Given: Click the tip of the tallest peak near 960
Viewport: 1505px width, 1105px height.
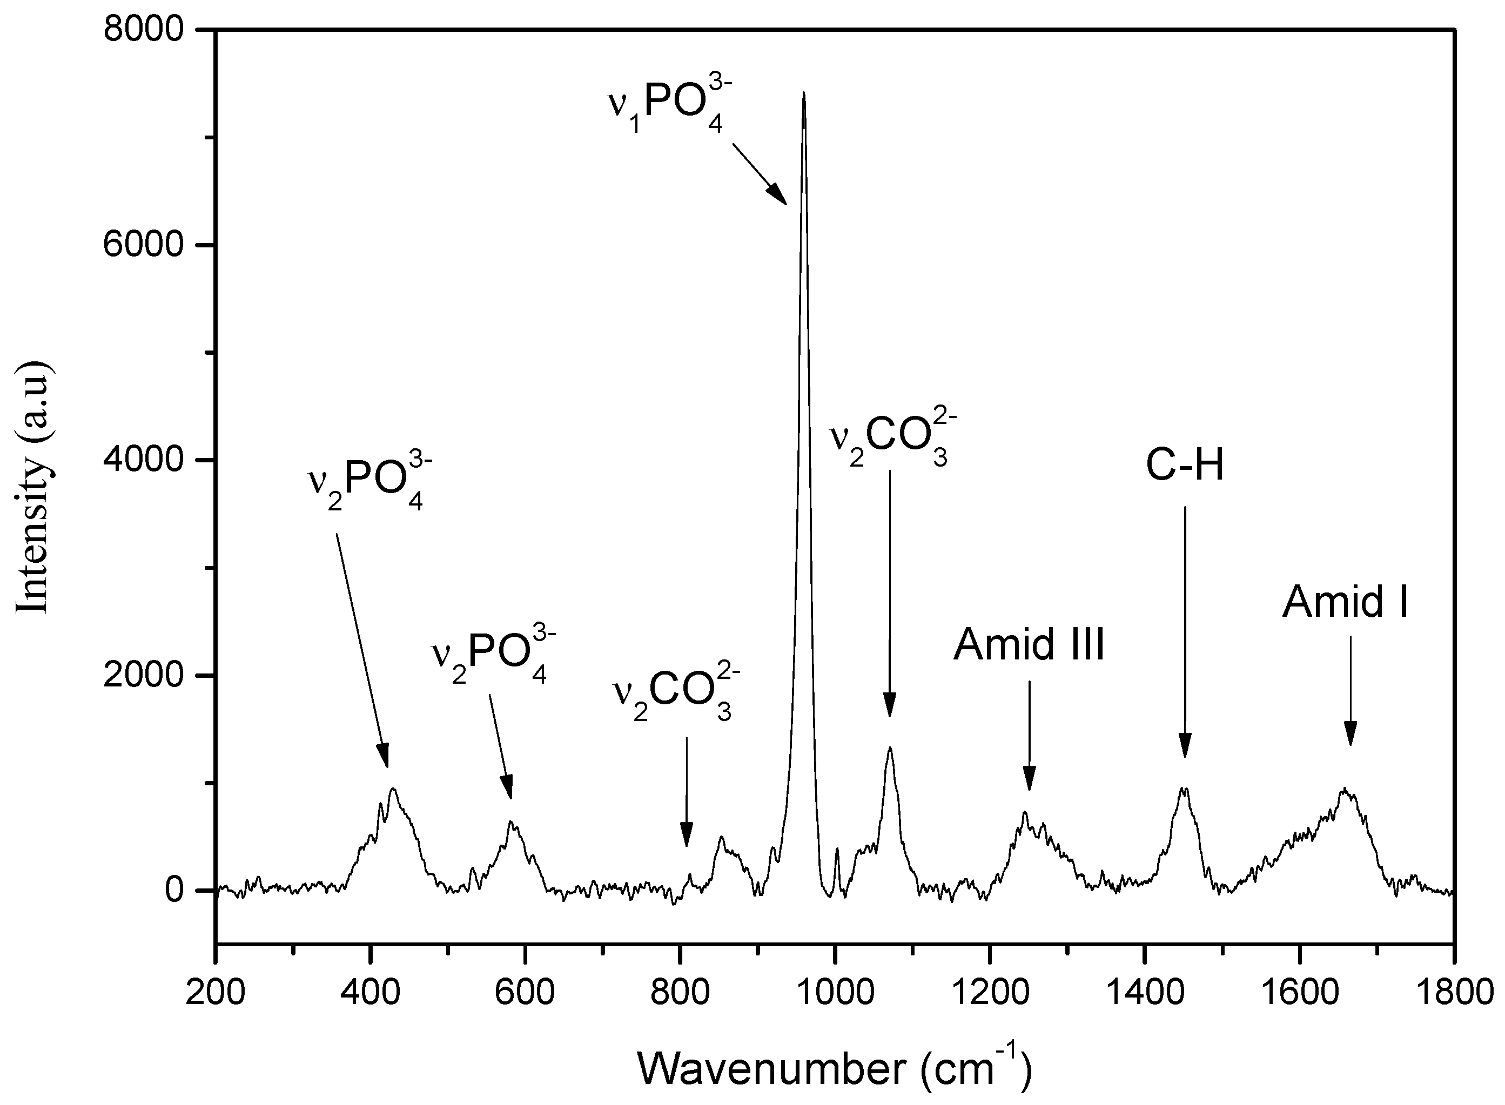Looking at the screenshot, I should tap(803, 93).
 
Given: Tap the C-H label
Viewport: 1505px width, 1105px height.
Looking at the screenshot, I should tap(1185, 466).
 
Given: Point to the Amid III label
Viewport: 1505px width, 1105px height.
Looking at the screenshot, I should tap(1029, 645).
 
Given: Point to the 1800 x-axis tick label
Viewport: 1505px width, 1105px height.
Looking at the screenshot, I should tap(1453, 991).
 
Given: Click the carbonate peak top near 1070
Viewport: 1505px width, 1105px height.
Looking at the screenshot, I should tap(890, 749).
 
